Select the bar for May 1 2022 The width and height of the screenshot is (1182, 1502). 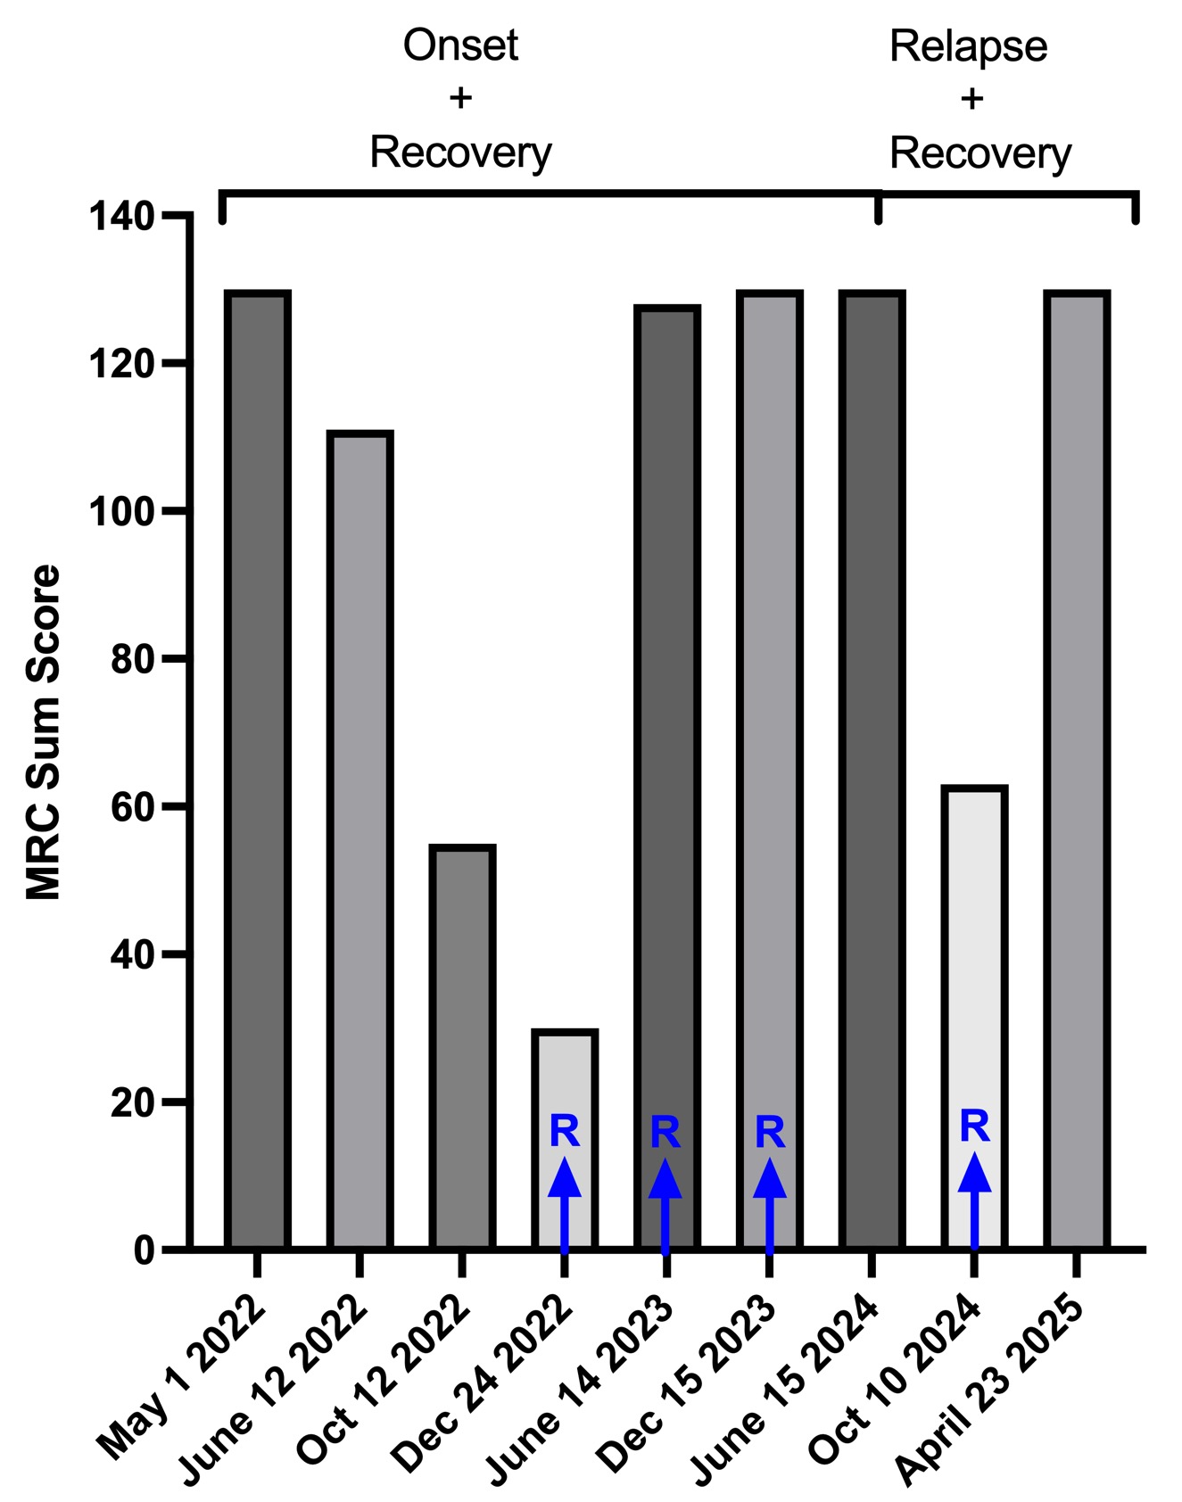257,767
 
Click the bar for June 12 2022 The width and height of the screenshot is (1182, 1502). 360,838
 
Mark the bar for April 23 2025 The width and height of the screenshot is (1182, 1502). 1078,767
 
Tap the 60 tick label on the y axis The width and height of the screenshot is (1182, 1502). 133,806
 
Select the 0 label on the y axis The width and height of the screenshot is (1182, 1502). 145,1250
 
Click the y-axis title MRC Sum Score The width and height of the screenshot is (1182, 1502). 43,731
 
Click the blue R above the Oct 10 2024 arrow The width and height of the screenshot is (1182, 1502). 974,1126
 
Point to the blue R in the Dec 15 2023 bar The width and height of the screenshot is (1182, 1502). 770,1133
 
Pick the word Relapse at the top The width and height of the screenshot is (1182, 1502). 968,46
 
